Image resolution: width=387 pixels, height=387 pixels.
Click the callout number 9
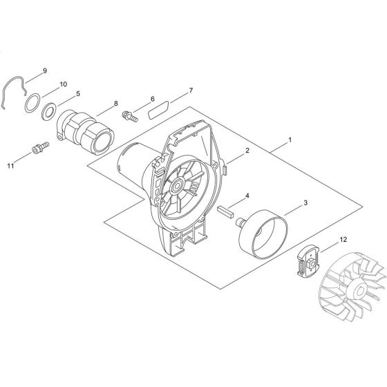(64, 70)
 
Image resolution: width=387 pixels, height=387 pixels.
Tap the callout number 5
(78, 93)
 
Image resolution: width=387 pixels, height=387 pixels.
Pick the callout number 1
(290, 139)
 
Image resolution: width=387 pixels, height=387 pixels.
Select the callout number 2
(246, 150)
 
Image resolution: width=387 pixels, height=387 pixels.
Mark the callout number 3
(305, 205)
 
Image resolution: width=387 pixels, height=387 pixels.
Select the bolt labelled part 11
(39, 148)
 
